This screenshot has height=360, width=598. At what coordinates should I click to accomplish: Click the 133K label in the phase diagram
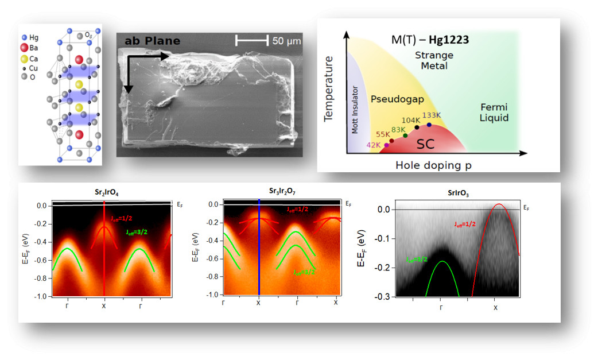(432, 115)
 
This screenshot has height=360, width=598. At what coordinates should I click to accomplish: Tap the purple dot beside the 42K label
(386, 145)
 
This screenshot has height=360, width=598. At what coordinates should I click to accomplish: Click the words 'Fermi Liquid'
(495, 113)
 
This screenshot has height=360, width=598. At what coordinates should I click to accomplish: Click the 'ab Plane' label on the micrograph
(153, 41)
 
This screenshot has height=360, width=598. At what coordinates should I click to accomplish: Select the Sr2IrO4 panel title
(103, 192)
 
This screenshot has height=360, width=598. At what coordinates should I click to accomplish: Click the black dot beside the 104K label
(417, 127)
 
